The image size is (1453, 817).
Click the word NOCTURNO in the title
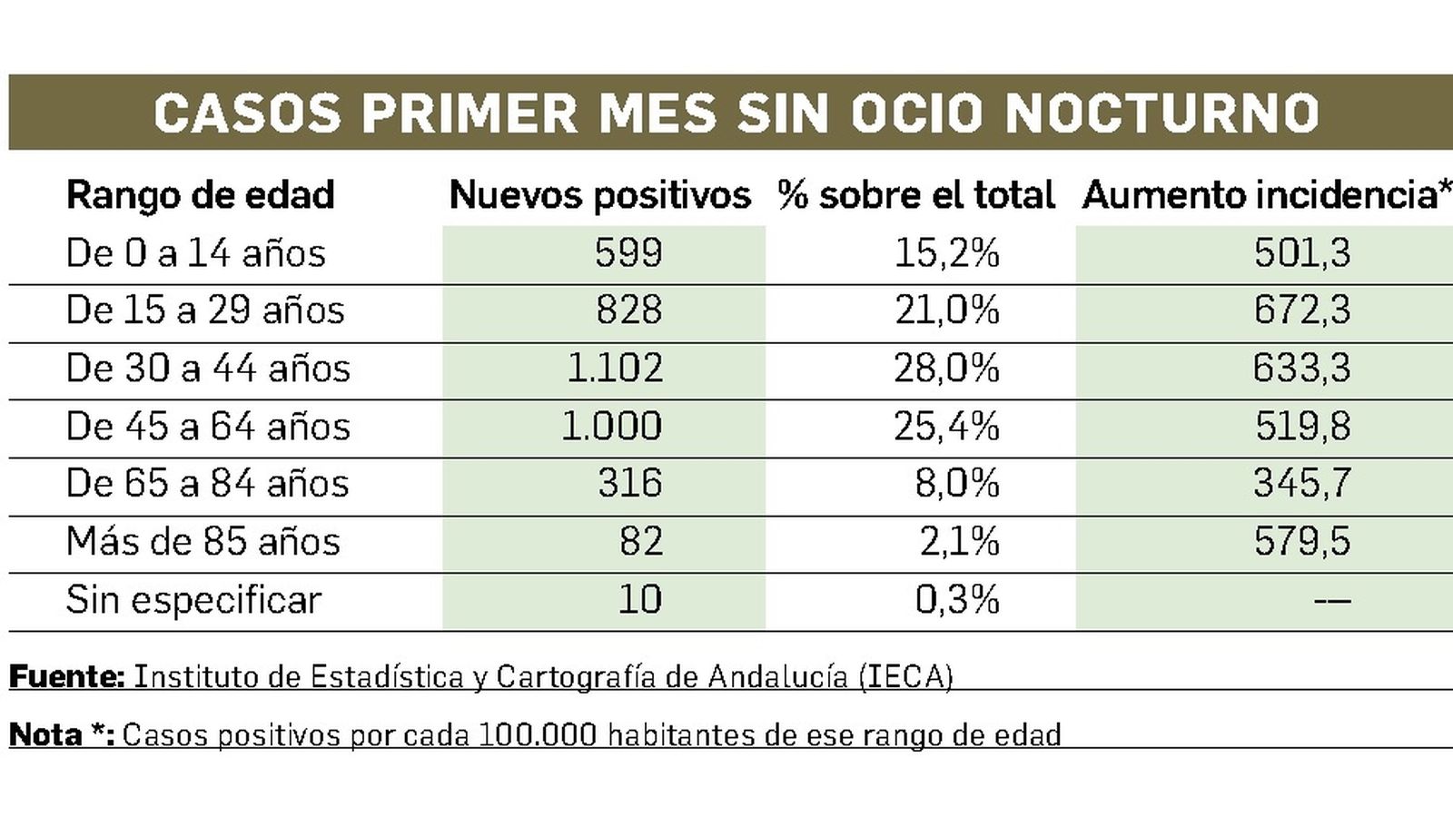point(1162,113)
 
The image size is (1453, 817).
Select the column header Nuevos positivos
point(599,195)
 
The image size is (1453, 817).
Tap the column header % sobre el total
point(915,195)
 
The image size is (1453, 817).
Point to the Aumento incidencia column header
point(1262,195)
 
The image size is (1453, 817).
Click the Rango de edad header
point(201,195)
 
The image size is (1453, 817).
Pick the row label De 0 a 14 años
point(195,253)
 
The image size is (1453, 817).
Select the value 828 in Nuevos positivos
point(628,310)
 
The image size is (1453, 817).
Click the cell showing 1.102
point(614,369)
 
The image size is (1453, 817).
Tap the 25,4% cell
point(946,427)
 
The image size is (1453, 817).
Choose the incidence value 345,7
point(1301,484)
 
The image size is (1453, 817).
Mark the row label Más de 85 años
point(203,542)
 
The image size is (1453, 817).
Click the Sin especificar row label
point(193,600)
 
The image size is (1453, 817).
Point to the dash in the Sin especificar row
point(1331,600)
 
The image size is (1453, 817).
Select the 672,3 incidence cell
point(1301,310)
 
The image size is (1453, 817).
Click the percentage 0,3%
point(956,600)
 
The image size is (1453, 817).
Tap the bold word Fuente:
point(66,676)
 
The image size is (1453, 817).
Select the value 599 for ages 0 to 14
point(628,253)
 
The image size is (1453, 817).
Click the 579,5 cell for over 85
point(1301,542)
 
